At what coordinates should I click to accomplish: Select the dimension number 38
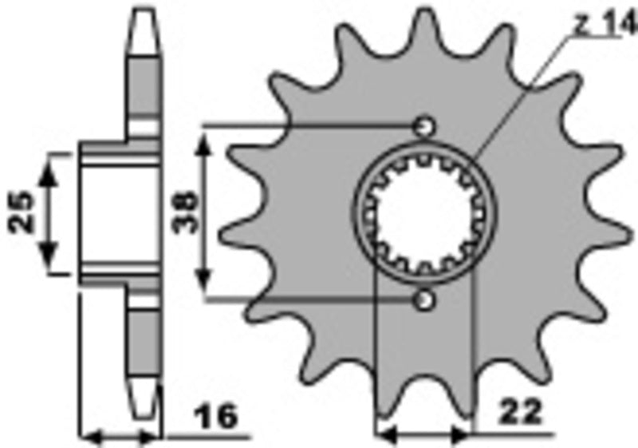(x=183, y=213)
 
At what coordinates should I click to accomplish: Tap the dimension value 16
(x=218, y=416)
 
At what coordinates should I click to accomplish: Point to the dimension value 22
(x=520, y=413)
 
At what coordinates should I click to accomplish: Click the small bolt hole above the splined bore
(x=424, y=126)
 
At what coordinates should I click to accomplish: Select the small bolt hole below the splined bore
(x=424, y=300)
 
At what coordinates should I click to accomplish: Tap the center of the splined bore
(x=423, y=213)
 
